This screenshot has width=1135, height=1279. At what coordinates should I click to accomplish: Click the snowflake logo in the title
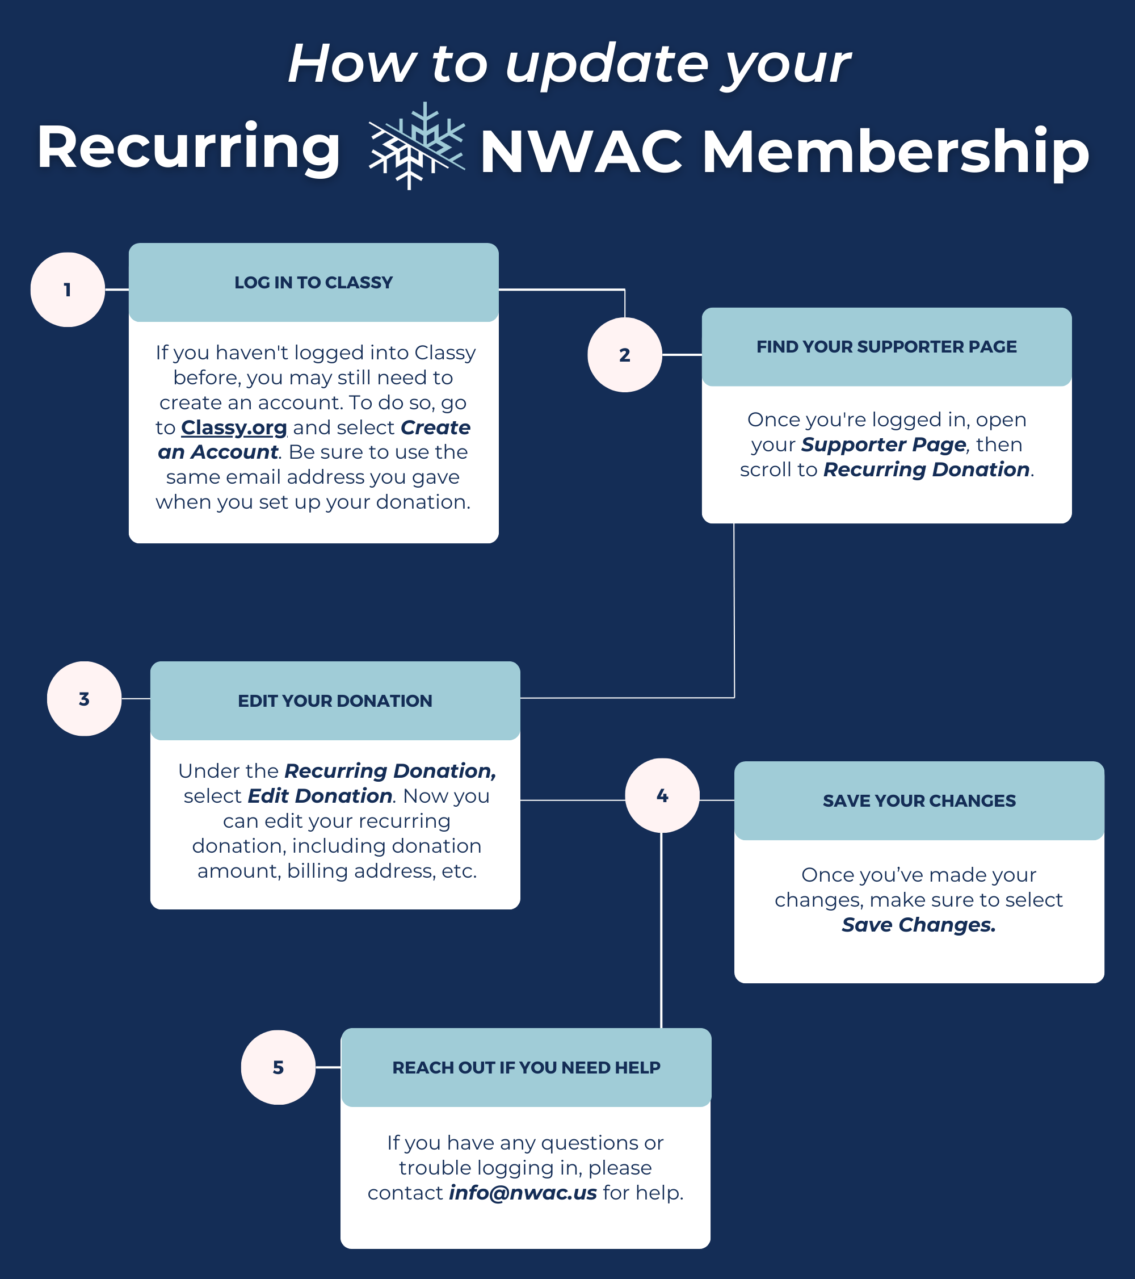(x=417, y=145)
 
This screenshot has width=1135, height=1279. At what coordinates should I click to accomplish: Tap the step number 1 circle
(x=68, y=290)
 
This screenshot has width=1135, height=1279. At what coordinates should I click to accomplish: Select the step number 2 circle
(x=624, y=355)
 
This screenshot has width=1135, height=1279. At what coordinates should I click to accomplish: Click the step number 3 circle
(x=85, y=699)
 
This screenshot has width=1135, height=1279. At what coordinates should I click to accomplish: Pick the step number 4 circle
(x=662, y=795)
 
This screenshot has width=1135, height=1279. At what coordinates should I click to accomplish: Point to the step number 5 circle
(x=279, y=1067)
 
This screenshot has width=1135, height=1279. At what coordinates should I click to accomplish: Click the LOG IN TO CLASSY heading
(x=313, y=283)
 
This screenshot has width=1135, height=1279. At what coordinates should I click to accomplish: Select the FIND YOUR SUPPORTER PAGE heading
(x=886, y=347)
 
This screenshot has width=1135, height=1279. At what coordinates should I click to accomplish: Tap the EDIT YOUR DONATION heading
(x=335, y=701)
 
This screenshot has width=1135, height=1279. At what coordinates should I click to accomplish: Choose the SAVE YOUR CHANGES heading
(x=919, y=801)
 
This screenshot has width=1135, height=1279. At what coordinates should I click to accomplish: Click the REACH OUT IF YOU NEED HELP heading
(x=526, y=1067)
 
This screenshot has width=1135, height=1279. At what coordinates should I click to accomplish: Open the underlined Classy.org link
(x=233, y=427)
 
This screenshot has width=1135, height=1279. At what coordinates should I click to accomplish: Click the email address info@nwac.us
(x=523, y=1193)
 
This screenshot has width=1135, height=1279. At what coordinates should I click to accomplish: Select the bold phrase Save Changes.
(x=918, y=925)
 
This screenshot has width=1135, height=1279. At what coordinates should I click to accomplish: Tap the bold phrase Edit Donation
(x=320, y=796)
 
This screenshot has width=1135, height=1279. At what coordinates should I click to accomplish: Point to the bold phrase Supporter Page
(x=884, y=444)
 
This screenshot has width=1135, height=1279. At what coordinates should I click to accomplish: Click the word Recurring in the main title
(x=188, y=147)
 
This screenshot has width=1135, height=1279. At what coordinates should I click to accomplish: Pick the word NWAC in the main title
(x=581, y=152)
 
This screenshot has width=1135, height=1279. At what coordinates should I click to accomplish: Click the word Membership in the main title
(x=896, y=152)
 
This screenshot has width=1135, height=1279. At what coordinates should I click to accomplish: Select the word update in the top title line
(x=606, y=65)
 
